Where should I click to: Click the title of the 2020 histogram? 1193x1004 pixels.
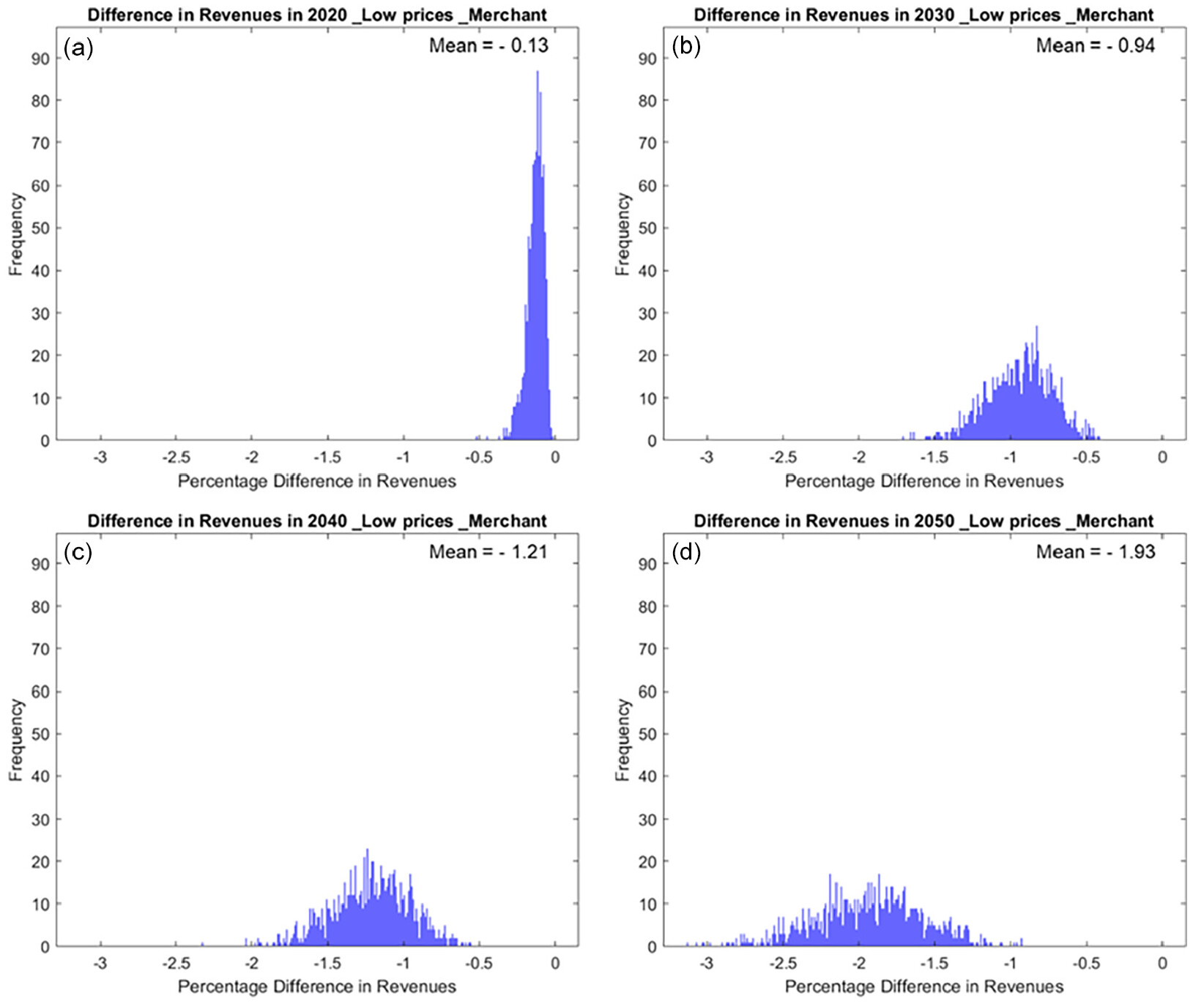316,15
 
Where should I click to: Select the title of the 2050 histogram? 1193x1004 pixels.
923,521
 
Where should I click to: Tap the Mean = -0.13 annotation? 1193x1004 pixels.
488,45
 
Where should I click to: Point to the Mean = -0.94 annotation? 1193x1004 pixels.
1095,45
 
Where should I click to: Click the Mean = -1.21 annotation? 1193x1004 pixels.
488,551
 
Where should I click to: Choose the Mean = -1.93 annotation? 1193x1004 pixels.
1095,551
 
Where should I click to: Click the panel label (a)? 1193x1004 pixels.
78,48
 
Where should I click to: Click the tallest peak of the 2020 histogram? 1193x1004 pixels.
538,73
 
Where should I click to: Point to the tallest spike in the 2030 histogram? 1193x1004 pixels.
1037,329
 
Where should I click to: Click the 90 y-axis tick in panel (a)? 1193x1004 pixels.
40,59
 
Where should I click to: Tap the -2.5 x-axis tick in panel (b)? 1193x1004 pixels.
783,458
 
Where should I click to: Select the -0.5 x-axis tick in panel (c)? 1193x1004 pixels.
479,963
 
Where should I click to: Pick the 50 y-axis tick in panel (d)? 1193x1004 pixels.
647,734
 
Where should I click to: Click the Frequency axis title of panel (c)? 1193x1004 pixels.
16,740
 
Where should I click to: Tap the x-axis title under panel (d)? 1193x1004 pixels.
923,986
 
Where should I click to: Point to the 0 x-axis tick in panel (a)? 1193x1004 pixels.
555,458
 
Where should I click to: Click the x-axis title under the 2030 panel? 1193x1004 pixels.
923,481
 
